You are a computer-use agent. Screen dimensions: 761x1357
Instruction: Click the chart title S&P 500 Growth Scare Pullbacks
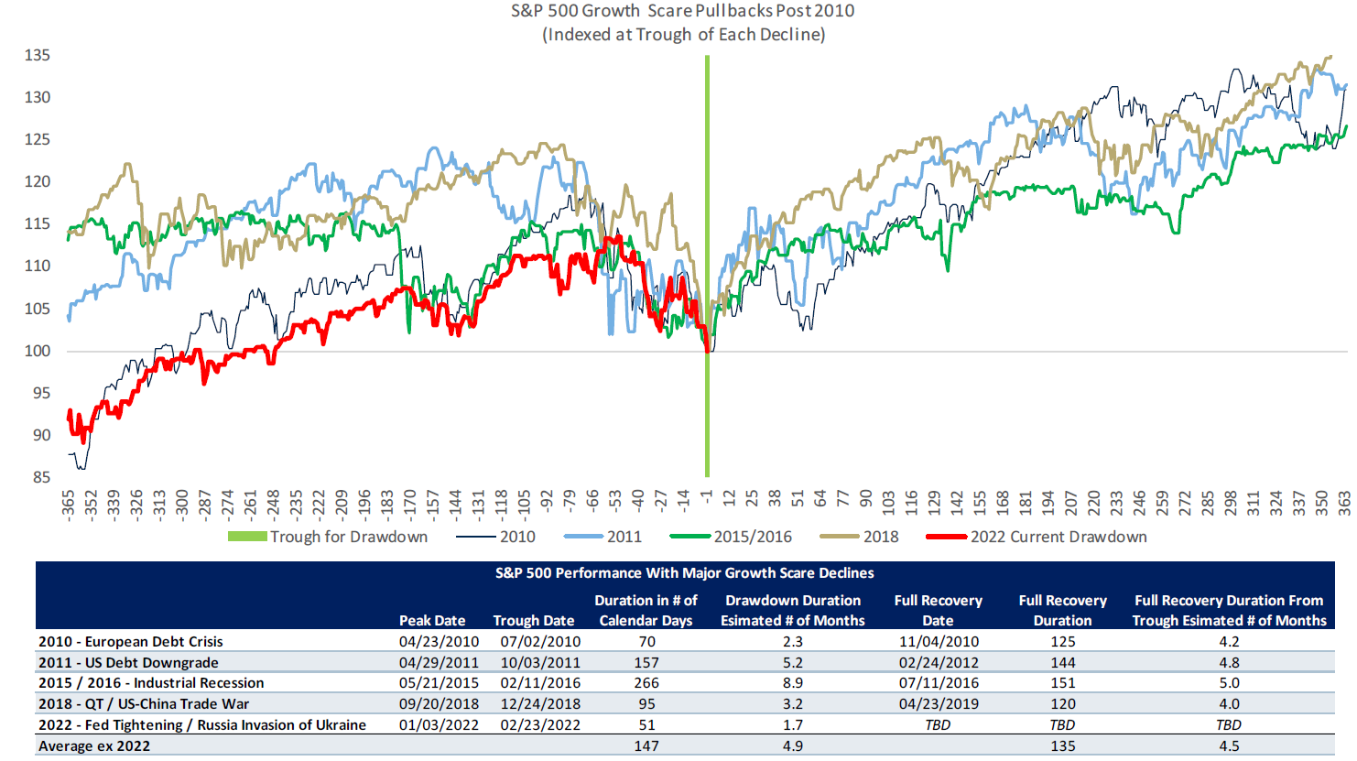(682, 11)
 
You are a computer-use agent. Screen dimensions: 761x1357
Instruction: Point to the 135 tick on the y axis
(38, 55)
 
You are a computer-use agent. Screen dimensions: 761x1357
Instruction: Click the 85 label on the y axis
(41, 477)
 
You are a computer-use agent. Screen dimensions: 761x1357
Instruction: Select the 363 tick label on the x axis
(1344, 505)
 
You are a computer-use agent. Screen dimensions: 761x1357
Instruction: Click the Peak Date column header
(432, 620)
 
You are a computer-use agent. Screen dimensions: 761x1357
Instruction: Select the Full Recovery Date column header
(938, 610)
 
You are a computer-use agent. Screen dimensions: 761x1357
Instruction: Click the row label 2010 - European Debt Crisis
(131, 641)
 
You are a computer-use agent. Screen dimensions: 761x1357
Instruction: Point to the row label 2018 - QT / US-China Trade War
(144, 703)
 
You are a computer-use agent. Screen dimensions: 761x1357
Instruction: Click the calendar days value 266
(646, 682)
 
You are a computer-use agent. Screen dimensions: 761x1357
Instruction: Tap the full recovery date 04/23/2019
(939, 703)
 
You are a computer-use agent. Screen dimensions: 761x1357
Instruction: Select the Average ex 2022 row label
(94, 745)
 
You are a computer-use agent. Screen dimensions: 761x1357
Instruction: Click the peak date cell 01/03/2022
(439, 724)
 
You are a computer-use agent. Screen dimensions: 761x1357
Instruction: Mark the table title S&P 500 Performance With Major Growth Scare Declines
(684, 573)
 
